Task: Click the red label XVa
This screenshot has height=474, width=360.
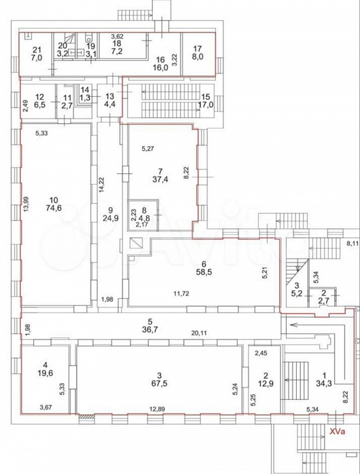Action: point(337,431)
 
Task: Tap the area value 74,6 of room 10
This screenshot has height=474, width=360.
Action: point(55,208)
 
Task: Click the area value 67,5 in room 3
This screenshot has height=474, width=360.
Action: point(159,383)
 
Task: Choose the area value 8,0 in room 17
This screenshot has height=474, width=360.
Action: point(198,57)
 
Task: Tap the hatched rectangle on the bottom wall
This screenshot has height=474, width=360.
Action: point(87,417)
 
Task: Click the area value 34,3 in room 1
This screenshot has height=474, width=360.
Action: point(324,383)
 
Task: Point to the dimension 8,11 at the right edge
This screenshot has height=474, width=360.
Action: point(353,243)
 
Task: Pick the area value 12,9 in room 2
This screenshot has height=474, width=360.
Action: point(266,383)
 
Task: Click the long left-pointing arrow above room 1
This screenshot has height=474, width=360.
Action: point(317,325)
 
